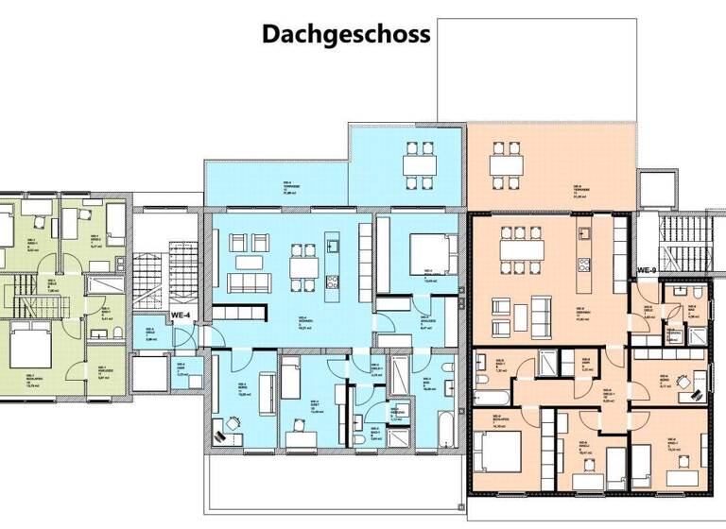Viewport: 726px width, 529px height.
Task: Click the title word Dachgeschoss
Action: (x=346, y=35)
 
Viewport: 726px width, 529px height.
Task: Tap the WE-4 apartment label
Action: (x=181, y=316)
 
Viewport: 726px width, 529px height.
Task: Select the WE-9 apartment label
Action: (x=647, y=270)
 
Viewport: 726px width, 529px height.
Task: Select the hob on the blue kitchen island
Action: (x=332, y=282)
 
